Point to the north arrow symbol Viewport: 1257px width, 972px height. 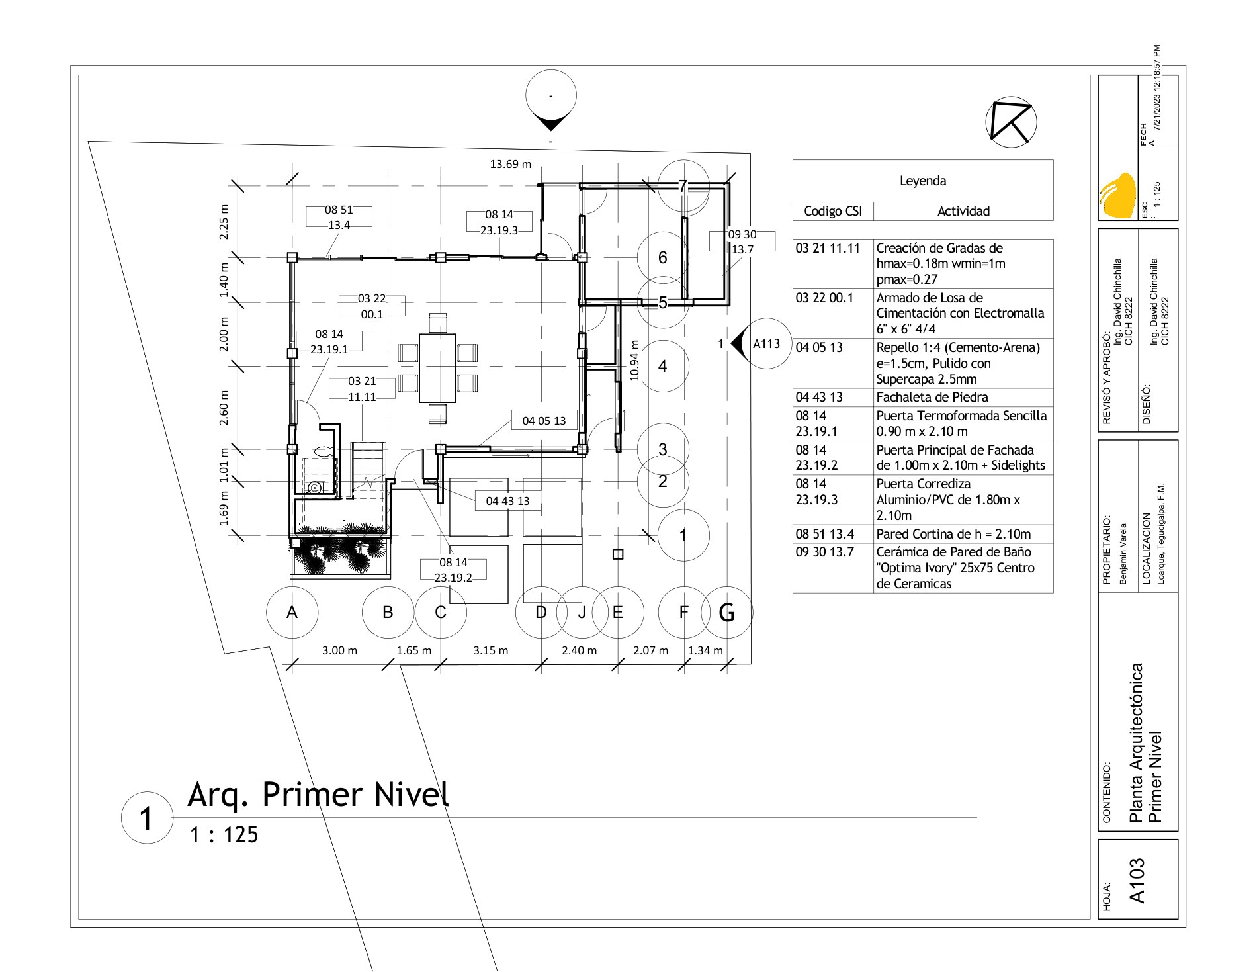click(x=1011, y=122)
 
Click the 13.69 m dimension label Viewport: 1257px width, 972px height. click(x=510, y=164)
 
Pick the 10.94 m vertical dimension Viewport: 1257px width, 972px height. click(x=635, y=360)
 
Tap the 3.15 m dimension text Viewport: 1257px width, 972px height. click(x=491, y=650)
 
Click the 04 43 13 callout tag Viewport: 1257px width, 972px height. click(x=507, y=501)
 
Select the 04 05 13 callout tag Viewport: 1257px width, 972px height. click(x=544, y=420)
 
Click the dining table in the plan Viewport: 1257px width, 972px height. click(x=437, y=368)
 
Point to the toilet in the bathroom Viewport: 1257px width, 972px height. click(x=322, y=452)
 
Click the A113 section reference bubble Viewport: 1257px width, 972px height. click(x=766, y=343)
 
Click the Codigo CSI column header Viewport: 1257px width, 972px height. click(x=833, y=211)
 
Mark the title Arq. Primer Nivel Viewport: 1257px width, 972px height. click(x=318, y=794)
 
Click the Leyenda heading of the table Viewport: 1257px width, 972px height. click(x=923, y=181)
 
